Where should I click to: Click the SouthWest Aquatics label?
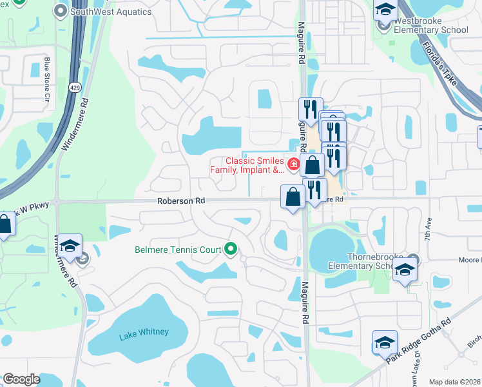click(x=111, y=12)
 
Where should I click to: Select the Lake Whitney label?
click(x=144, y=332)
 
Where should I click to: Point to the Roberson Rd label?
click(x=181, y=201)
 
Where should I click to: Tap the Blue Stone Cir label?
click(x=47, y=79)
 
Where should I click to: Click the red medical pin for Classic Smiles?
click(x=293, y=165)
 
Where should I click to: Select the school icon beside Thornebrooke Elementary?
click(x=404, y=270)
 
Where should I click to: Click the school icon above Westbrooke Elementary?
click(x=385, y=10)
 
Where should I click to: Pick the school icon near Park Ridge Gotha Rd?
click(x=385, y=341)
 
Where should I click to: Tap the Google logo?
click(x=21, y=379)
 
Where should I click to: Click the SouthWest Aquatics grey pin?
click(x=61, y=11)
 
